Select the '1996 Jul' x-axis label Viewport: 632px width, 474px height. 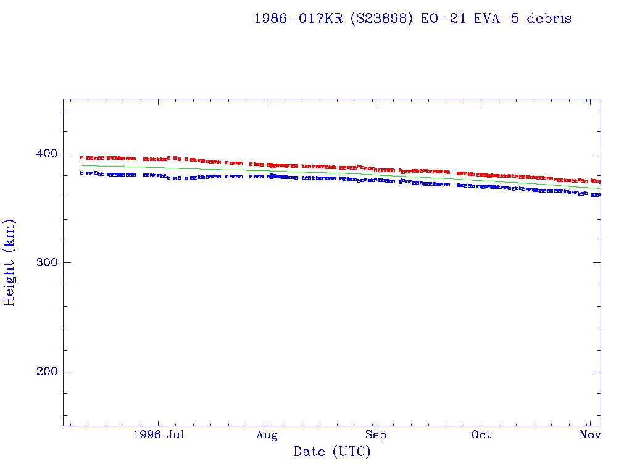click(159, 435)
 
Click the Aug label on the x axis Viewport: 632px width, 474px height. click(267, 435)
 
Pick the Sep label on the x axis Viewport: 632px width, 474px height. click(375, 435)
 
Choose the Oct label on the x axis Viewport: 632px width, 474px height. click(481, 435)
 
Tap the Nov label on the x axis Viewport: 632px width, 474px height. click(591, 435)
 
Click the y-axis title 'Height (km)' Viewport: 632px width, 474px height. click(10, 262)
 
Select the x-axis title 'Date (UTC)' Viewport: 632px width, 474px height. click(332, 452)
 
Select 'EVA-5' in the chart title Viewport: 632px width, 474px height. click(492, 19)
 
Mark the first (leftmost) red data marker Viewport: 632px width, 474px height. click(81, 158)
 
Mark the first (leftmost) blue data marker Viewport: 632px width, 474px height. click(81, 173)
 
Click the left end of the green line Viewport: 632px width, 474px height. click(82, 165)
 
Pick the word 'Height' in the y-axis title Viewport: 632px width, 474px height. click(10, 278)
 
